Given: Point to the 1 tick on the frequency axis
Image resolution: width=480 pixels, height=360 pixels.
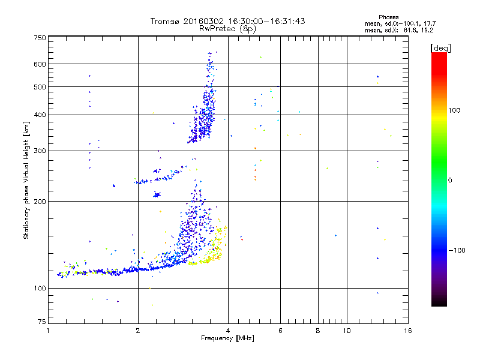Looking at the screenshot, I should click(48, 331).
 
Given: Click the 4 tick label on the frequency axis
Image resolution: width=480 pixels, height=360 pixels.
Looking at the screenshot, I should click(228, 331).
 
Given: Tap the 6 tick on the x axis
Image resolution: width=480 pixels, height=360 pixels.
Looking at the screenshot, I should click(280, 331).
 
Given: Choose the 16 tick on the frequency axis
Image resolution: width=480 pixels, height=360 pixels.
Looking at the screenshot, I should click(407, 331).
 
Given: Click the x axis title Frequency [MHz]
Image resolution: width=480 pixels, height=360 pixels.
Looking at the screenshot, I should click(228, 339).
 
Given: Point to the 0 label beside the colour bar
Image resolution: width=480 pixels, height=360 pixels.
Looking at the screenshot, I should click(451, 180).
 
